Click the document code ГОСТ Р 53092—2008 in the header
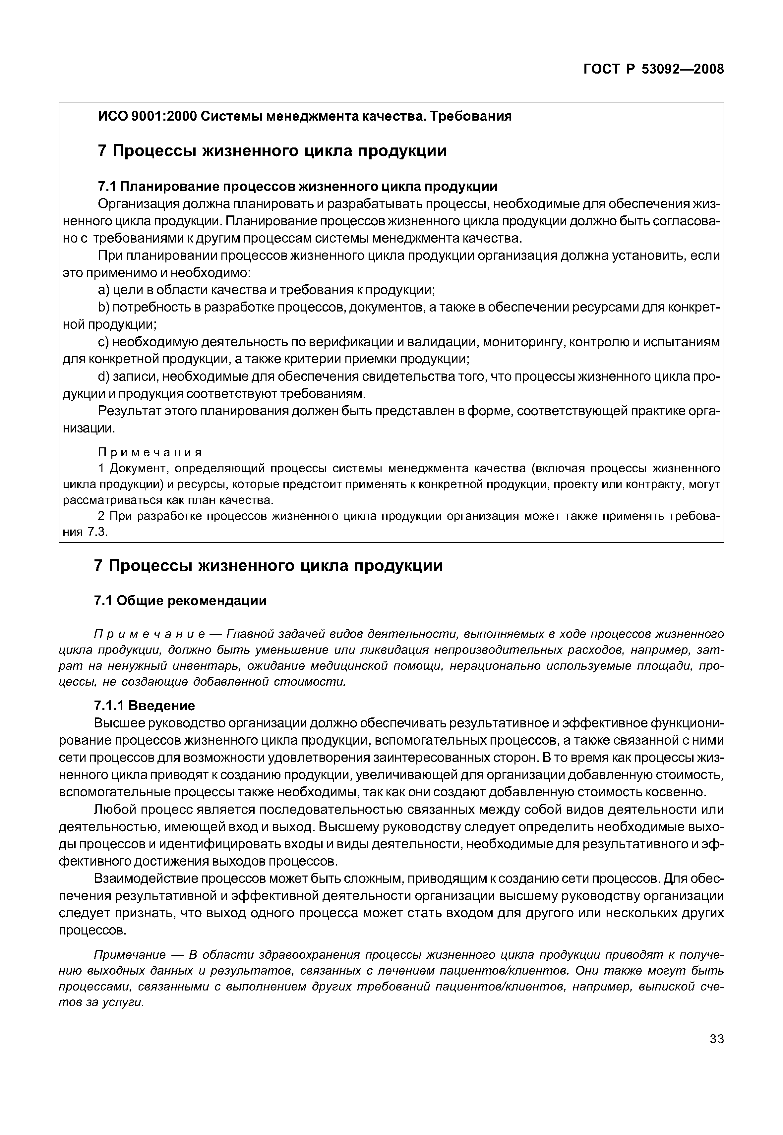[653, 69]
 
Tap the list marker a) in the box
[103, 290]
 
